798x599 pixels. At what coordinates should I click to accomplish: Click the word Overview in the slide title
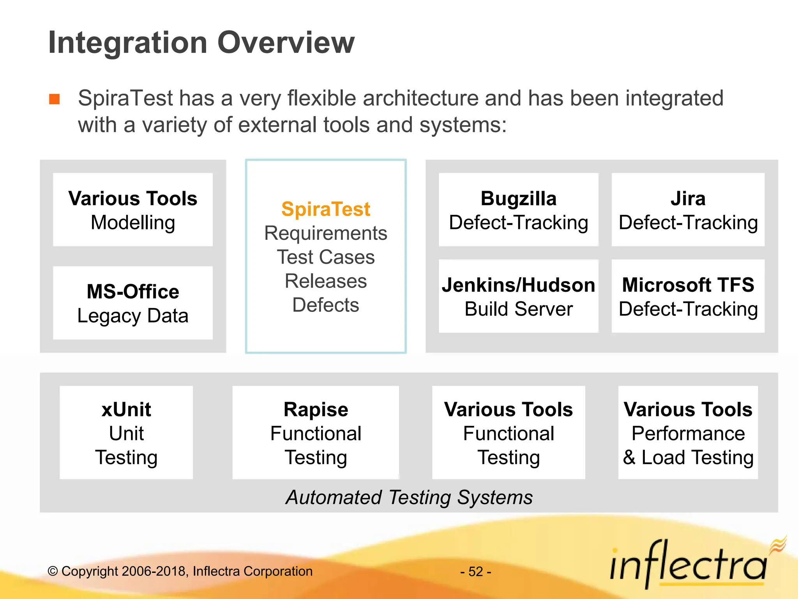[286, 43]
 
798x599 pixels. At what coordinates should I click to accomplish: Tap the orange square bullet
[55, 99]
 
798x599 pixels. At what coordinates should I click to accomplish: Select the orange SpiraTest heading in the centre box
[325, 209]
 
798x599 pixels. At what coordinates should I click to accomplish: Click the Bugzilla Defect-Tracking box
[518, 210]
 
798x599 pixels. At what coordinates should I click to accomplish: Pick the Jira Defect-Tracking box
[688, 210]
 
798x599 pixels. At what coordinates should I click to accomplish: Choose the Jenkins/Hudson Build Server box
[518, 296]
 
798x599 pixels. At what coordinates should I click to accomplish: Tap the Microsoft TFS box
[688, 296]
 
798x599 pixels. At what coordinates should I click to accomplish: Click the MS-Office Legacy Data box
[133, 303]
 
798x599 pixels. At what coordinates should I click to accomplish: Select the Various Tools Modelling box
[133, 210]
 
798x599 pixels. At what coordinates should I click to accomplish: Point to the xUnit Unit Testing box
[126, 432]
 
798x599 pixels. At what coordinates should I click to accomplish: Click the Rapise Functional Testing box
[316, 432]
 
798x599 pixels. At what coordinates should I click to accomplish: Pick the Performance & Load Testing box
[688, 432]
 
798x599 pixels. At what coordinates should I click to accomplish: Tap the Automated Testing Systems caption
[409, 497]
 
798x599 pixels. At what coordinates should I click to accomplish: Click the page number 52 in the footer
[476, 572]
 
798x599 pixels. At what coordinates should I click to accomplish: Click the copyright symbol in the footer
[53, 572]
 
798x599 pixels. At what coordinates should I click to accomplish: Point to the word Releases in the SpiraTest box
[325, 281]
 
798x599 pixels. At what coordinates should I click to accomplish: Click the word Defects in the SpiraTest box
[325, 305]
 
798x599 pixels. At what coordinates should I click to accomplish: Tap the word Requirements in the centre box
[325, 233]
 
